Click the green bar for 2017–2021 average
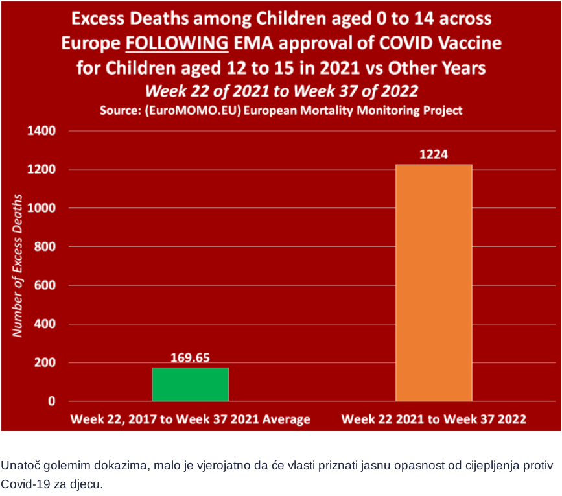pyautogui.click(x=190, y=384)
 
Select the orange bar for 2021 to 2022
pyautogui.click(x=434, y=283)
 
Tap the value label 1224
pyautogui.click(x=434, y=155)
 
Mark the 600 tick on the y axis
pyautogui.click(x=45, y=285)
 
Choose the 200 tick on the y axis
pyautogui.click(x=45, y=362)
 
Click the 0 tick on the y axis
pyautogui.click(x=51, y=401)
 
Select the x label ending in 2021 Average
pyautogui.click(x=190, y=419)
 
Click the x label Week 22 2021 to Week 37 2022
pyautogui.click(x=434, y=419)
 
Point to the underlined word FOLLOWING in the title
pyautogui.click(x=177, y=44)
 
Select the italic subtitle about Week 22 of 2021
pyautogui.click(x=281, y=89)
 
